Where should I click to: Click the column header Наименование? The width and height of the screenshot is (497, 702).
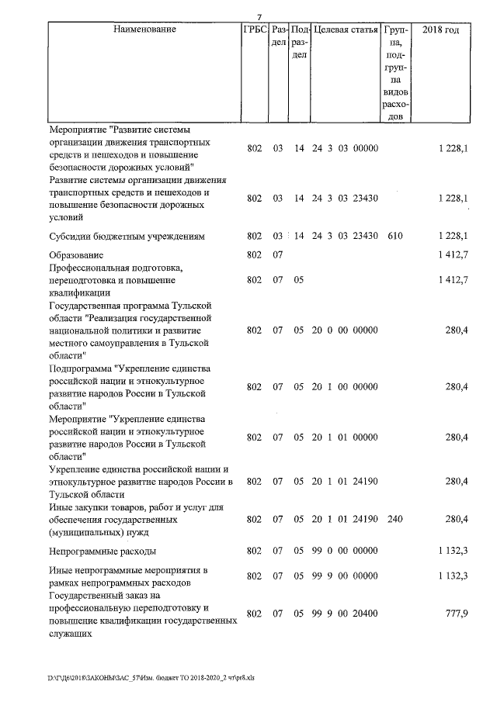[144, 30]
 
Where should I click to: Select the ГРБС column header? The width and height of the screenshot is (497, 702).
[255, 30]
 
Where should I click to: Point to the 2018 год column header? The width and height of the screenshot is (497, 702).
[440, 30]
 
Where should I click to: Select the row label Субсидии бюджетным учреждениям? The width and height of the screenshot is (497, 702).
[127, 235]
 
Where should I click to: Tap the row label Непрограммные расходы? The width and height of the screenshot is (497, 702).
[103, 552]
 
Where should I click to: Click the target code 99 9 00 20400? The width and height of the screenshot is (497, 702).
[344, 614]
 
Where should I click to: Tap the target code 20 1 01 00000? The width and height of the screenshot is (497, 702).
[344, 437]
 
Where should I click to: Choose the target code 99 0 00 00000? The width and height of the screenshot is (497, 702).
[344, 552]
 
